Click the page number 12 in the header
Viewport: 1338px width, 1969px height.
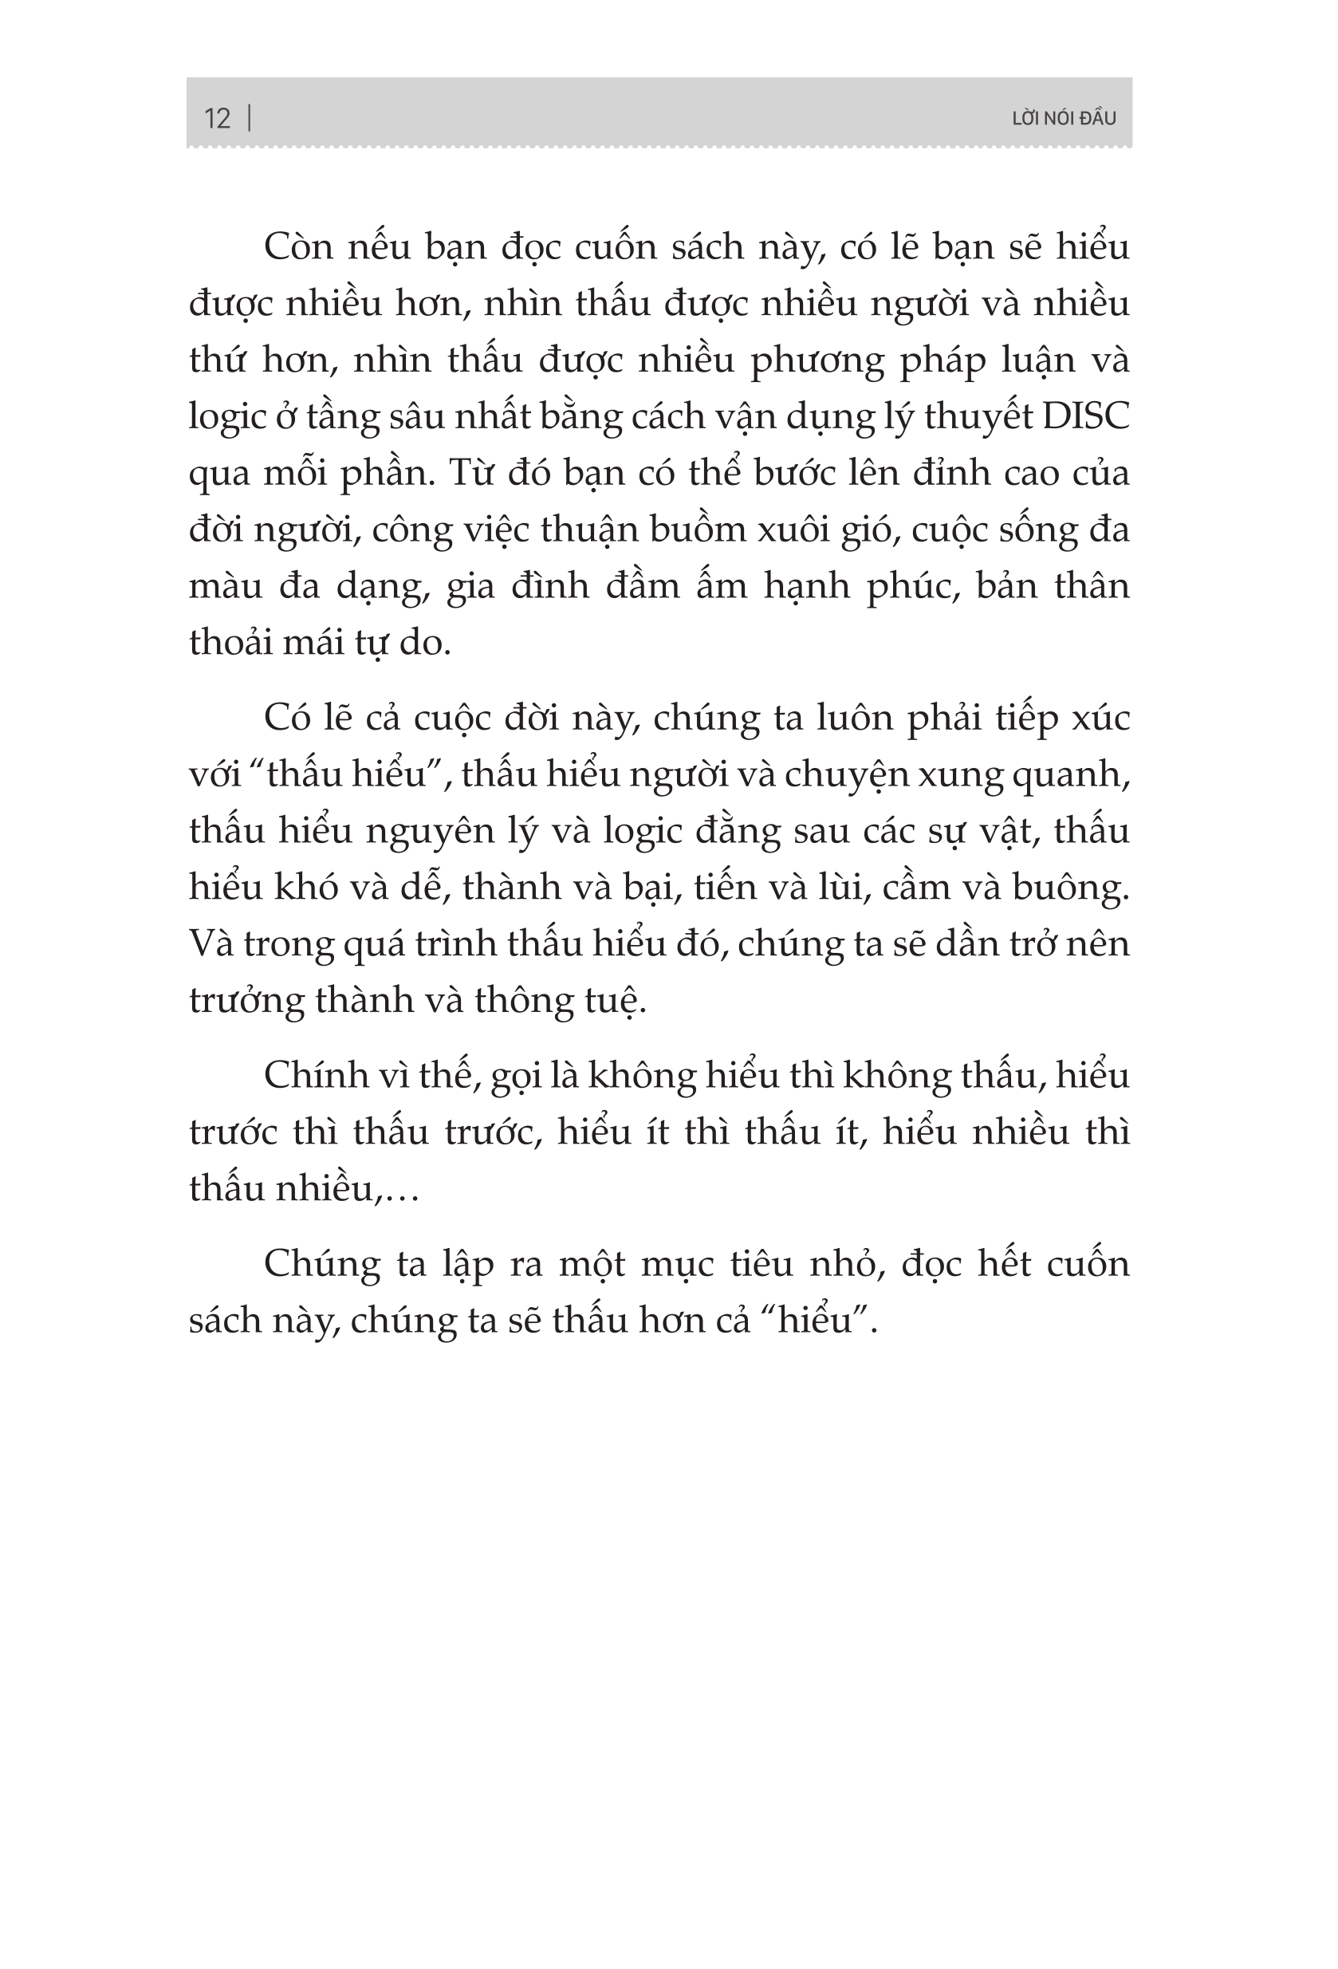tap(217, 118)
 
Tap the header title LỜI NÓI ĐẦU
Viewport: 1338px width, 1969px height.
tap(1064, 119)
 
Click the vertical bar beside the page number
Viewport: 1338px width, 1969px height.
tap(249, 117)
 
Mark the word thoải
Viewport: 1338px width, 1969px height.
tap(230, 643)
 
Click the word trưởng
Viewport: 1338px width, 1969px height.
tap(246, 1002)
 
